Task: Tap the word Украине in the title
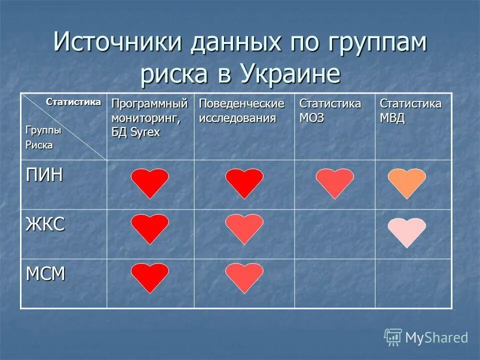tap(290, 74)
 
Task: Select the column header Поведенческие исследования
tap(241, 111)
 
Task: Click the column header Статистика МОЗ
tap(330, 111)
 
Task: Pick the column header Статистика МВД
tap(410, 111)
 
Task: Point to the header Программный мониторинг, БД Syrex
tap(149, 118)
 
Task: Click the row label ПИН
tap(44, 176)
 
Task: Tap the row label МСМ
tap(45, 273)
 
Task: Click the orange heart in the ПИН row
tap(406, 182)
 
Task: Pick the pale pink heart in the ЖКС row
tap(406, 231)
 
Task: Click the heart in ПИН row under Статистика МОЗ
tap(334, 182)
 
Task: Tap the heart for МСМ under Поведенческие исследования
tap(244, 277)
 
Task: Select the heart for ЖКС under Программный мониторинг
tap(150, 228)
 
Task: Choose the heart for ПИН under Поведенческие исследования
tap(244, 182)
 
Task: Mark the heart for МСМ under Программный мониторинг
tap(150, 277)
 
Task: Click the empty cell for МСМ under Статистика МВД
tap(413, 283)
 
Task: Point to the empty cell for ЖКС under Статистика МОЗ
tap(334, 234)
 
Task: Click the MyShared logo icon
tap(393, 337)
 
